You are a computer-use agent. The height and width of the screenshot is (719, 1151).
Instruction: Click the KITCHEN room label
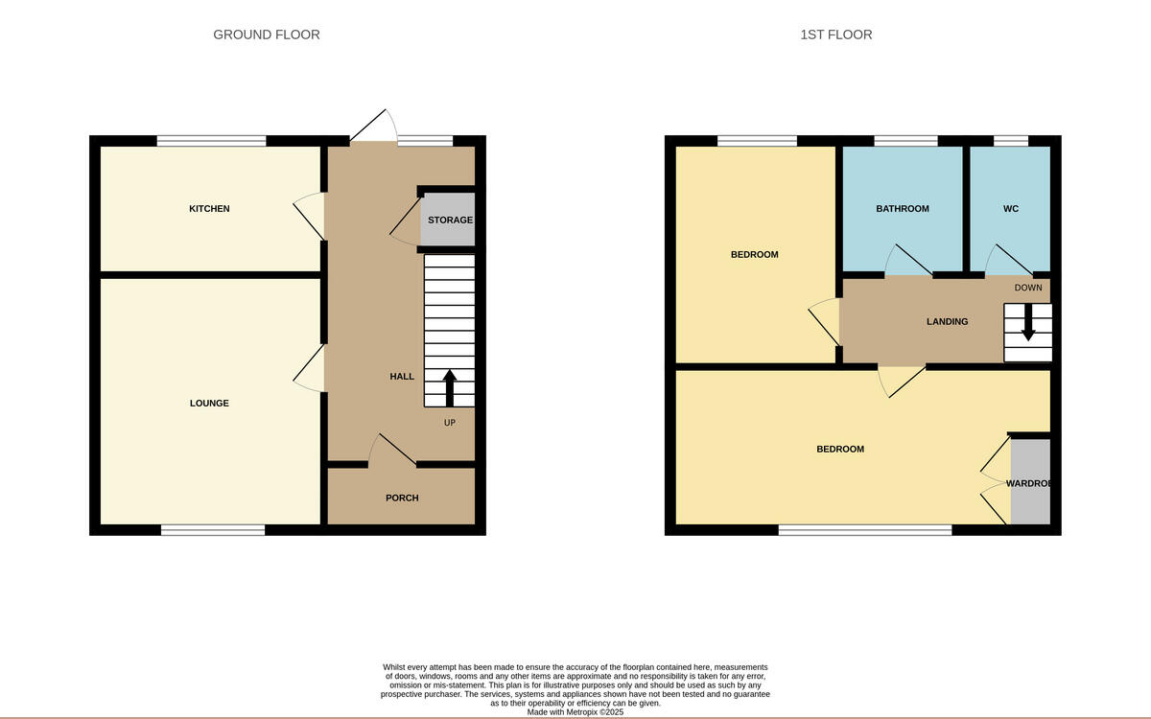pyautogui.click(x=209, y=209)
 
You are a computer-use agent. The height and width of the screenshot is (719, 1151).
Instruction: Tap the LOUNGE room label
pyautogui.click(x=209, y=404)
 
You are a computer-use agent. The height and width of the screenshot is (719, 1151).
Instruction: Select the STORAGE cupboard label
pyautogui.click(x=450, y=220)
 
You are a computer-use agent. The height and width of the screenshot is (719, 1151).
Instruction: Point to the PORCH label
pyautogui.click(x=402, y=499)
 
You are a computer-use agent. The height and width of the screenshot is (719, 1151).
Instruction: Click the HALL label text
pyautogui.click(x=402, y=377)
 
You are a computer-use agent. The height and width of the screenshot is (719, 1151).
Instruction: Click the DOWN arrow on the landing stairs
pyautogui.click(x=1028, y=323)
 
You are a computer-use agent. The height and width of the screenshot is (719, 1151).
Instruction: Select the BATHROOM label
pyautogui.click(x=902, y=209)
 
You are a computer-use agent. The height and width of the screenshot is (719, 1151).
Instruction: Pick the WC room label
pyautogui.click(x=1011, y=209)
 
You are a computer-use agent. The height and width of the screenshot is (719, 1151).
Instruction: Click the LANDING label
pyautogui.click(x=947, y=322)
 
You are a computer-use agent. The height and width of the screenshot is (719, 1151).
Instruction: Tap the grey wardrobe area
pyautogui.click(x=1030, y=482)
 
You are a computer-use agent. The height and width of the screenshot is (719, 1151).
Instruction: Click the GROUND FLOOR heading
pyautogui.click(x=267, y=35)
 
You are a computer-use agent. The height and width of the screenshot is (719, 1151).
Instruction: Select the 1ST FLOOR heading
pyautogui.click(x=836, y=35)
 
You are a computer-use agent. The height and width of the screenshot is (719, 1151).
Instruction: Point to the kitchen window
pyautogui.click(x=212, y=142)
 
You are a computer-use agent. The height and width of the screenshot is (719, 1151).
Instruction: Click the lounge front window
pyautogui.click(x=213, y=529)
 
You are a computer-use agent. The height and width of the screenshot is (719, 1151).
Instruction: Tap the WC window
pyautogui.click(x=1011, y=142)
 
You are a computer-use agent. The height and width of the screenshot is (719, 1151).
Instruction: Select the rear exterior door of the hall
pyautogui.click(x=374, y=130)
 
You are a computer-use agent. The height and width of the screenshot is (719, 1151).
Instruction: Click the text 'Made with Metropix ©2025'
pyautogui.click(x=575, y=712)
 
